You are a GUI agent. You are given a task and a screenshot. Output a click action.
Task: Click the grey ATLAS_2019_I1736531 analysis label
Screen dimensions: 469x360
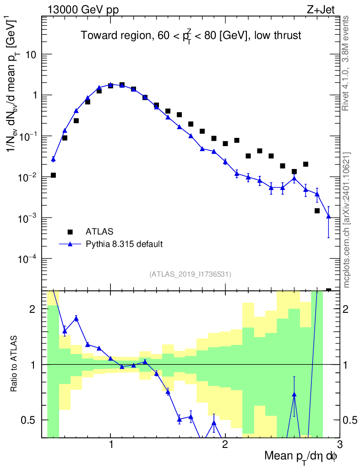coord(190,274)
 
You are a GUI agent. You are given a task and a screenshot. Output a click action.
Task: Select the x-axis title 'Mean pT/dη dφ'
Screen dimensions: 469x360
coord(300,456)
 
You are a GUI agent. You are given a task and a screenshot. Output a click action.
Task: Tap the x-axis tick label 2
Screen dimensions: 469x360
coord(225,444)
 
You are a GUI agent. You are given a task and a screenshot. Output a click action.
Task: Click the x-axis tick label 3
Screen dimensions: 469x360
coord(339,444)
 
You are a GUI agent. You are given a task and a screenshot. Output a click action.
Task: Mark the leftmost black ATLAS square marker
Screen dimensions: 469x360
coord(53,175)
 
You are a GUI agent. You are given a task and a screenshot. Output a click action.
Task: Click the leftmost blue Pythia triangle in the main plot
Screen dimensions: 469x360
coord(53,159)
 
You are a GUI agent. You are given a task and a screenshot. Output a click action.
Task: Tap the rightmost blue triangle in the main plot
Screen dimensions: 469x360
coord(328,216)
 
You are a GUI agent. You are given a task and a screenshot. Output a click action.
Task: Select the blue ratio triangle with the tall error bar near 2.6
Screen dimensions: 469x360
coord(294,394)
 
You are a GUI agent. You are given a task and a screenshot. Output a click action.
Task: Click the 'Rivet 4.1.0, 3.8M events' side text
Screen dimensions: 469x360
coord(346,63)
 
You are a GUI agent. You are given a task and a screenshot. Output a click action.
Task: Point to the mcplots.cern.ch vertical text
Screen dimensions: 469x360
coord(347,220)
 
